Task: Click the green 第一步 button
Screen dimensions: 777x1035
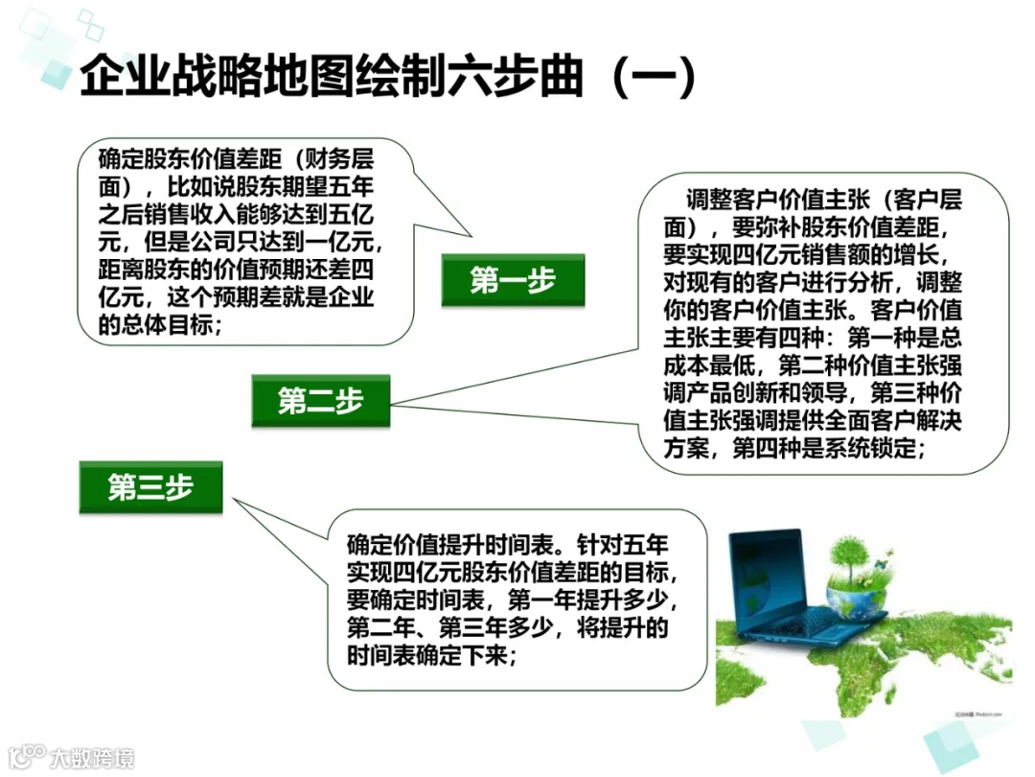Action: pos(513,280)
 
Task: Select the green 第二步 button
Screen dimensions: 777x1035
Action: pos(321,401)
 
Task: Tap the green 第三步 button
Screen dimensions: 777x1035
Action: pos(150,487)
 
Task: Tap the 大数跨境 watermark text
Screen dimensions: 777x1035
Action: pos(91,758)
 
